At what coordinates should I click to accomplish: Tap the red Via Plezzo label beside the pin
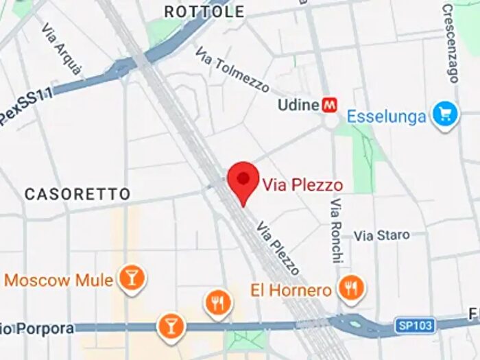pyautogui.click(x=302, y=184)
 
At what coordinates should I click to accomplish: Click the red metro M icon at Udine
pyautogui.click(x=331, y=105)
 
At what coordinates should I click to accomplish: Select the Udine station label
pyautogui.click(x=298, y=105)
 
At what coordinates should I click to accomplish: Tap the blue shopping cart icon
pyautogui.click(x=445, y=115)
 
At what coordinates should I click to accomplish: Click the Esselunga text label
pyautogui.click(x=386, y=117)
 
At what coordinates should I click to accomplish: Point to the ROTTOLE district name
pyautogui.click(x=204, y=12)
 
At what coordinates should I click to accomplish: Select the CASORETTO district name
pyautogui.click(x=77, y=194)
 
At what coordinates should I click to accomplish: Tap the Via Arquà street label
pyautogui.click(x=62, y=49)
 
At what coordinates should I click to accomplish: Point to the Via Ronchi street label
pyautogui.click(x=336, y=231)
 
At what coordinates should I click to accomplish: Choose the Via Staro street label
pyautogui.click(x=381, y=235)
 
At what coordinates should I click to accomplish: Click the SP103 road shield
pyautogui.click(x=415, y=324)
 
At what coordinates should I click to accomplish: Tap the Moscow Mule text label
pyautogui.click(x=59, y=280)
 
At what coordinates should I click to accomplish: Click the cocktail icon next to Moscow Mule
pyautogui.click(x=130, y=277)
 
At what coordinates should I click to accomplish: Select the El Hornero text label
pyautogui.click(x=291, y=291)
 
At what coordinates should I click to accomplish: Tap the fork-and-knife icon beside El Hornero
pyautogui.click(x=352, y=289)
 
